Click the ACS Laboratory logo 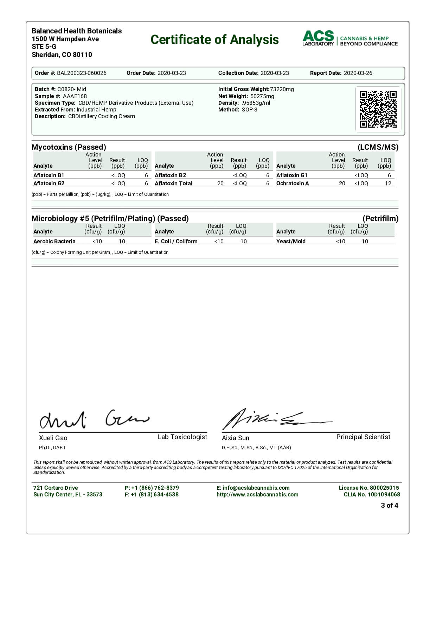350,38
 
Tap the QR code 378,109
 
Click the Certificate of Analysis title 214,40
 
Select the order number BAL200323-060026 82,73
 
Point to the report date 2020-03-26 358,73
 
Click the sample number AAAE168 75,96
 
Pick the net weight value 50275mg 262,96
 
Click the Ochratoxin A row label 293,184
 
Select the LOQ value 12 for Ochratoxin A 388,184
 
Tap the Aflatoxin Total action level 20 220,184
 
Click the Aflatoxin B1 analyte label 49,175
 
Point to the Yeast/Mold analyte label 291,242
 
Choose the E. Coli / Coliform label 176,242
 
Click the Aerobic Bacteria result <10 97,242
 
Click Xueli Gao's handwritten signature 93,419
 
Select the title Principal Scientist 363,437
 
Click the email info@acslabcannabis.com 256,488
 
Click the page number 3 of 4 389,506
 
